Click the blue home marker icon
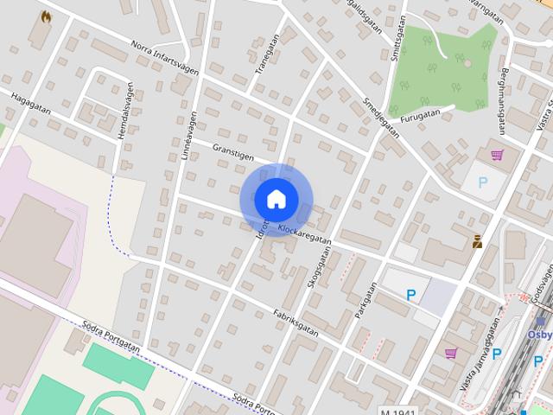coord(276,199)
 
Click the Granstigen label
coord(232,154)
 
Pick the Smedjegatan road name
coord(381,116)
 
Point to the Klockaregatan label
coord(305,232)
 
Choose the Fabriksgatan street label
coord(295,322)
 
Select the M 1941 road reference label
coord(398,411)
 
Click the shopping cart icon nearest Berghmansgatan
coord(497,156)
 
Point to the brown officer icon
coord(476,242)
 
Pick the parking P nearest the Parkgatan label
coord(411,295)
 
